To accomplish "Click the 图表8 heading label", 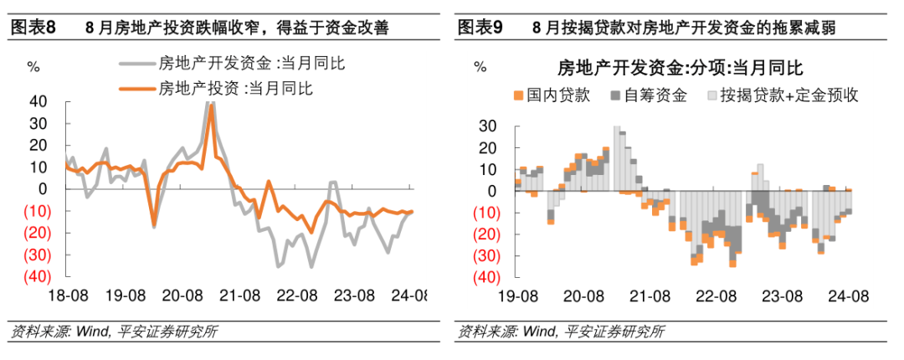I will (33, 28).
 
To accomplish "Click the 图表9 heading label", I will (480, 28).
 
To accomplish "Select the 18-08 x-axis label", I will (68, 296).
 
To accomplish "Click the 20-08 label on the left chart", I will (182, 296).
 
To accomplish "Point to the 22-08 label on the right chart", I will (715, 296).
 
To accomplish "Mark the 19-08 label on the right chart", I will (518, 296).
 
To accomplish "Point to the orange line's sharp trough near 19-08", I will (154, 224).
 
